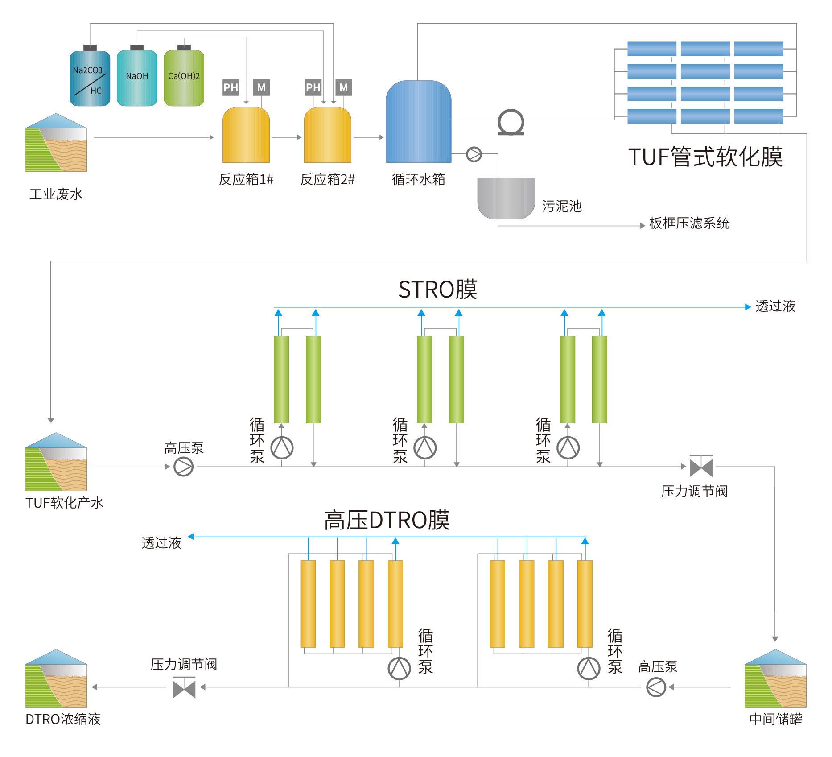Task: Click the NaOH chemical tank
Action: (x=137, y=78)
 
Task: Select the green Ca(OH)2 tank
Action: (x=184, y=78)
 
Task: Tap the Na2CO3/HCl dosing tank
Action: (x=90, y=79)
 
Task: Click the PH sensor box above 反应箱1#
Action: (x=231, y=87)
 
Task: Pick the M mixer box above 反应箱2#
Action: (x=343, y=87)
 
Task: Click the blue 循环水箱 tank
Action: (x=418, y=123)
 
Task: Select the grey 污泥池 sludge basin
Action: (x=506, y=198)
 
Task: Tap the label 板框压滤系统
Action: (x=689, y=223)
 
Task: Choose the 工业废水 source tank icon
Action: (x=56, y=143)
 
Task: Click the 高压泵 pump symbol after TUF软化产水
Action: (x=183, y=467)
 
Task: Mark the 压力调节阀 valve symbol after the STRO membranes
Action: (x=701, y=466)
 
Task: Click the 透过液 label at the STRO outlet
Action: (x=775, y=306)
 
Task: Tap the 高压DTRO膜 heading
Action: (x=387, y=520)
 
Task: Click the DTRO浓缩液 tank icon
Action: (x=56, y=678)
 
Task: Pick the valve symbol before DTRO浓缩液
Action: (x=184, y=687)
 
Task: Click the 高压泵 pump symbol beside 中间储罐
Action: (x=656, y=687)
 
